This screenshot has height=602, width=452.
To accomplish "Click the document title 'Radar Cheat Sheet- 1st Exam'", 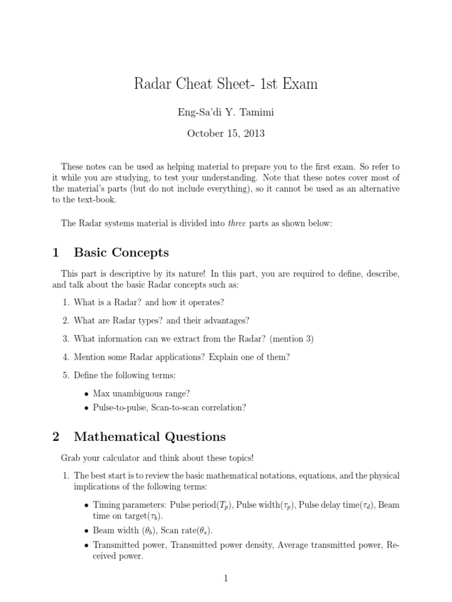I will tap(226, 84).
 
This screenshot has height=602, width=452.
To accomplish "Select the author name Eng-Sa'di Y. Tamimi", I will tap(226, 112).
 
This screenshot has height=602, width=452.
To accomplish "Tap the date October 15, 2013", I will tap(226, 133).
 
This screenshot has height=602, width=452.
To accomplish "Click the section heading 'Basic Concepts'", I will tap(121, 253).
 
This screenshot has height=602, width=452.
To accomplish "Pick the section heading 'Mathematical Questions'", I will tap(149, 436).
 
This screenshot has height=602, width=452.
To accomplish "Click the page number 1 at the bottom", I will tap(225, 579).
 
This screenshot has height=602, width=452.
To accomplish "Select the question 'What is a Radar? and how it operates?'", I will tap(149, 302).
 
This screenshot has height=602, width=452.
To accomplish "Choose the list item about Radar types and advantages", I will tap(161, 320).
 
